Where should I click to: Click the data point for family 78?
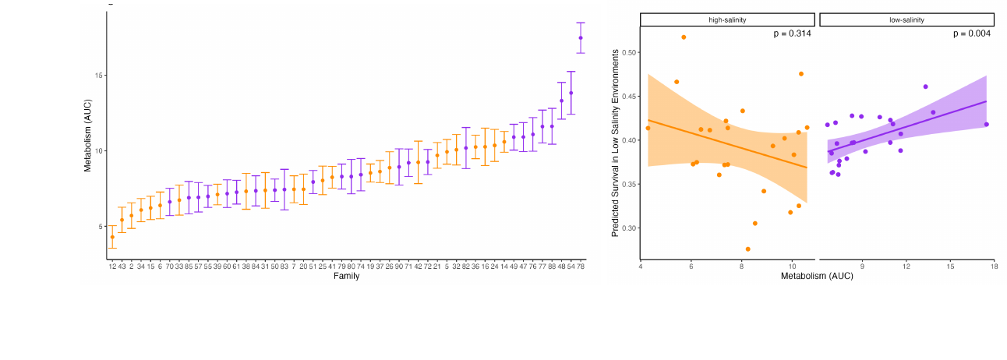tap(581, 37)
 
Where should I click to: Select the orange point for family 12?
tap(112, 237)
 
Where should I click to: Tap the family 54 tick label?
tap(571, 266)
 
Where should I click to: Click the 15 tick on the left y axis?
tap(99, 76)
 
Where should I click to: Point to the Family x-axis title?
tap(346, 276)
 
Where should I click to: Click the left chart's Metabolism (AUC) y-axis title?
tap(87, 136)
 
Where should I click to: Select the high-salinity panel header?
tap(727, 19)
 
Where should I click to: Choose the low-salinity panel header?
tap(906, 19)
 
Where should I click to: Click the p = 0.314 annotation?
tap(792, 34)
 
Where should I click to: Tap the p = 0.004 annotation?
tap(972, 34)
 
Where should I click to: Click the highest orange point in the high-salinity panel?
tap(684, 37)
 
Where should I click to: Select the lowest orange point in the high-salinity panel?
tap(747, 249)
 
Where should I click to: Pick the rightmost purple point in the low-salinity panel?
tap(986, 125)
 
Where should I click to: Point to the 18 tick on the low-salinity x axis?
tap(994, 266)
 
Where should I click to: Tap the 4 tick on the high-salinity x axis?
tap(641, 266)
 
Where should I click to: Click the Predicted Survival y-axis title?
tap(615, 143)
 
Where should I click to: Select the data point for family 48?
tap(561, 101)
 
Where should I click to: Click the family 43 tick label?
tap(122, 266)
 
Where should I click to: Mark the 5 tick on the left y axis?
tap(101, 227)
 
